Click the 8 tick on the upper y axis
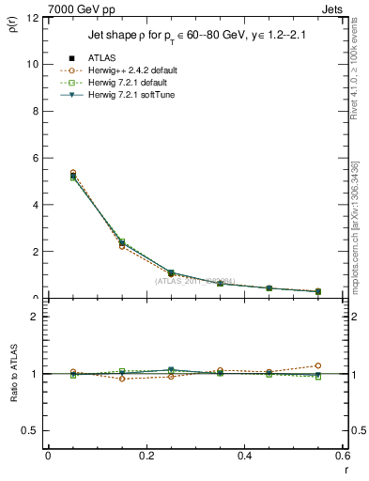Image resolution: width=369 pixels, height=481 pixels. tap(35, 111)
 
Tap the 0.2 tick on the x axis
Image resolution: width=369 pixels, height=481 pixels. tap(146, 456)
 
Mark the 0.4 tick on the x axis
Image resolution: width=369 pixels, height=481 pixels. tap(243, 456)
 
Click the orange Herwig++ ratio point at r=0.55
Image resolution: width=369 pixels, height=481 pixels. tap(317, 365)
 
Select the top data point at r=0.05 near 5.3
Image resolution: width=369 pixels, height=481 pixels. tap(48, 173)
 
